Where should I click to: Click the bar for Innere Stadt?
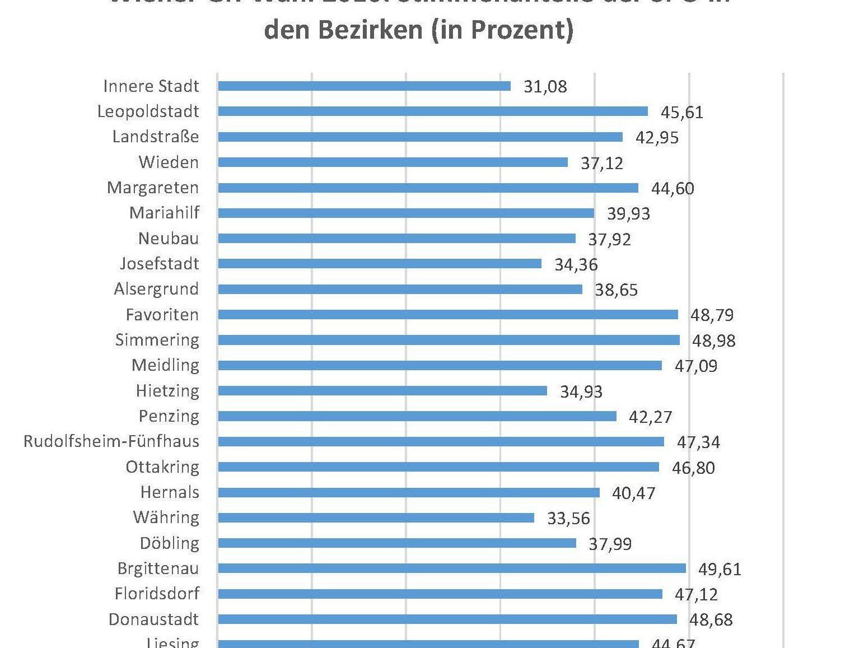point(364,86)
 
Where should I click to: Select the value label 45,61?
point(681,113)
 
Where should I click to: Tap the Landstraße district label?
point(156,137)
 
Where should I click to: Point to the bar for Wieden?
point(393,162)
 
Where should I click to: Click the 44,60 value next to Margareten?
point(672,188)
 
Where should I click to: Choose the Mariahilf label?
point(164,213)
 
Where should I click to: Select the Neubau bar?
point(396,239)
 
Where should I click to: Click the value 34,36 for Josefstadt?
point(576,264)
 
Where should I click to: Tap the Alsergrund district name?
point(156,289)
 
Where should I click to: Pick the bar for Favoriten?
point(448,315)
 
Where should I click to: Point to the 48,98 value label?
point(713,341)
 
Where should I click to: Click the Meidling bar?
point(440,366)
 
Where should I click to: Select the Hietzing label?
point(167,390)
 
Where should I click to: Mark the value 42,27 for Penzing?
point(650,417)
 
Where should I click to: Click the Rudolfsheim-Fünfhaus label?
point(111,441)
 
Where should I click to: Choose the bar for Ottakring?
point(438,467)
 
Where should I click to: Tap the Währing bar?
point(376,518)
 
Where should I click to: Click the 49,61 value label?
point(720,570)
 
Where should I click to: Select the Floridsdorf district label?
point(157,593)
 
